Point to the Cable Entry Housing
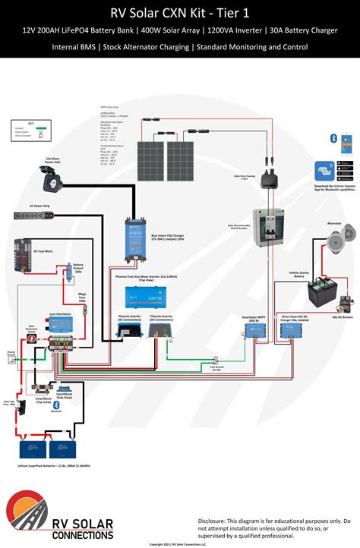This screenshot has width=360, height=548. (268, 179)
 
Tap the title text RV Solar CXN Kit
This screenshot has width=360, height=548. (179, 11)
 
